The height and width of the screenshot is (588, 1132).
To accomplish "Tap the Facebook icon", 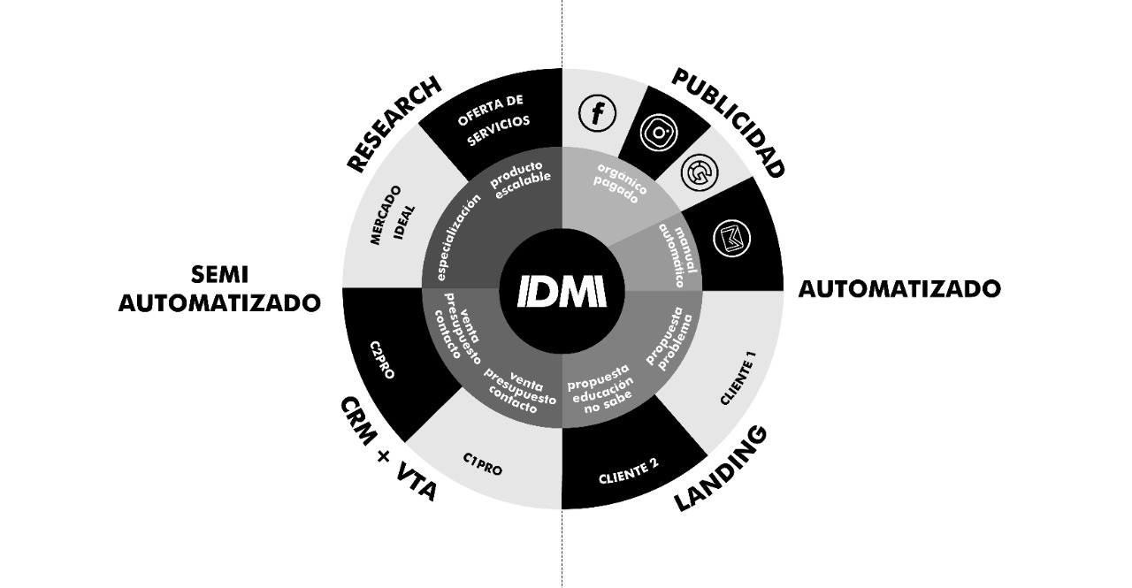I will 597,113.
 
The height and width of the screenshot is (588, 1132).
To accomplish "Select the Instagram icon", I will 659,132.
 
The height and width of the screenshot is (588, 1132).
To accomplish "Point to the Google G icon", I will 700,172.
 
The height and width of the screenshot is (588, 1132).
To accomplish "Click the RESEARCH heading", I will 393,124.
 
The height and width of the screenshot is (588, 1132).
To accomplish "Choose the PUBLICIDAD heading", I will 729,123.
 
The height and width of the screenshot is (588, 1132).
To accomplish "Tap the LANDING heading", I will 720,469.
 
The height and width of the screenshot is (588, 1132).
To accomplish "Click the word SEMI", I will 218,275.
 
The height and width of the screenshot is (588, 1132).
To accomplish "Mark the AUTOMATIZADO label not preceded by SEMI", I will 899,289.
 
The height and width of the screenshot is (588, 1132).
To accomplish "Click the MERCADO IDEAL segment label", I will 393,216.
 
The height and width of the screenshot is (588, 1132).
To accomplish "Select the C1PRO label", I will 482,463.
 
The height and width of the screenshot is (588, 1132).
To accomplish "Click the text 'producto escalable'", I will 522,179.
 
